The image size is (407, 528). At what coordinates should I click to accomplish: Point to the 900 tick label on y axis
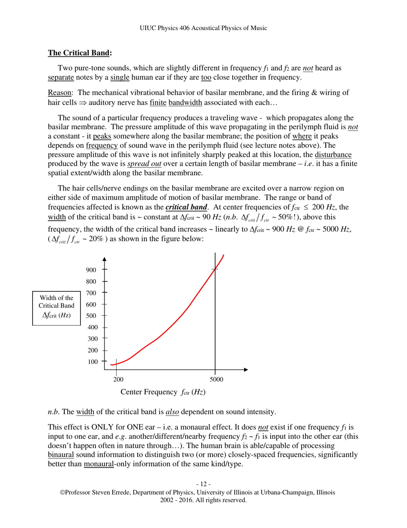pyautogui.click(x=92, y=270)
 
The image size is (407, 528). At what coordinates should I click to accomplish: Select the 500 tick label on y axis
pyautogui.click(x=92, y=316)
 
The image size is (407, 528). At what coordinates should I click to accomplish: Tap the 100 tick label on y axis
pyautogui.click(x=92, y=361)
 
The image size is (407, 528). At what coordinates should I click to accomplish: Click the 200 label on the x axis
pyautogui.click(x=118, y=379)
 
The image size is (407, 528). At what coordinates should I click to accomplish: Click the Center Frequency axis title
pyautogui.click(x=163, y=392)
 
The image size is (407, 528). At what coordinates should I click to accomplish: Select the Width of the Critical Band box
pyautogui.click(x=57, y=306)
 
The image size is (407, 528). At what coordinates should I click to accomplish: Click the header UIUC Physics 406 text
pyautogui.click(x=203, y=28)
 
